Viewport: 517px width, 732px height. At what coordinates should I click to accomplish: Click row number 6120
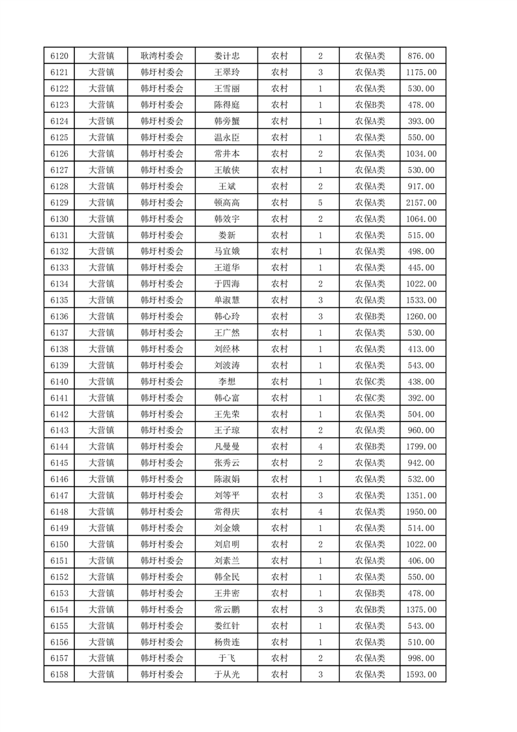coord(59,56)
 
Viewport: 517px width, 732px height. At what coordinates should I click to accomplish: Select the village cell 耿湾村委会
coord(162,56)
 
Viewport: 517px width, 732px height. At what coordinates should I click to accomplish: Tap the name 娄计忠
coord(226,56)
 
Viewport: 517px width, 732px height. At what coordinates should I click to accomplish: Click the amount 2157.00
coord(422,202)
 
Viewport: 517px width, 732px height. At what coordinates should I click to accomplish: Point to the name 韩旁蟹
coord(226,121)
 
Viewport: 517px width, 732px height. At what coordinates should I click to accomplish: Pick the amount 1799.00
coord(422,446)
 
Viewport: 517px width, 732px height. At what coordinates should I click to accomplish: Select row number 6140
coord(59,381)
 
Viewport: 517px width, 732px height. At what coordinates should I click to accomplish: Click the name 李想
coord(226,381)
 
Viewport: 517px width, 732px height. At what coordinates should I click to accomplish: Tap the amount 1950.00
coord(422,511)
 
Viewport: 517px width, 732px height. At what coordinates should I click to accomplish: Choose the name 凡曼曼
coord(226,446)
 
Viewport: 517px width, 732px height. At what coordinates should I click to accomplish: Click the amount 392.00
coord(422,397)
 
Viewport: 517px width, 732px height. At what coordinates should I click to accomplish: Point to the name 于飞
coord(226,658)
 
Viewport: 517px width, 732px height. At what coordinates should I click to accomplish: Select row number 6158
coord(59,675)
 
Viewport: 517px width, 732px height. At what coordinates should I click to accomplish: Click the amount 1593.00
coord(422,675)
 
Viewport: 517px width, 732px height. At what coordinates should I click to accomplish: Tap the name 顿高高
coord(226,202)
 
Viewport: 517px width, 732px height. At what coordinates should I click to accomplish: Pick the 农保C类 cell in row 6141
coord(370,397)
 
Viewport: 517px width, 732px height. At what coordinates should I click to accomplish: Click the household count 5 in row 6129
coord(320,202)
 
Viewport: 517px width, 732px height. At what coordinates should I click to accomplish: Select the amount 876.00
coord(422,56)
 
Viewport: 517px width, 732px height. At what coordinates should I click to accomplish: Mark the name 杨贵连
coord(226,642)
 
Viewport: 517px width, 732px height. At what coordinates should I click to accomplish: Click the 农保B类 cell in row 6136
coord(370,316)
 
